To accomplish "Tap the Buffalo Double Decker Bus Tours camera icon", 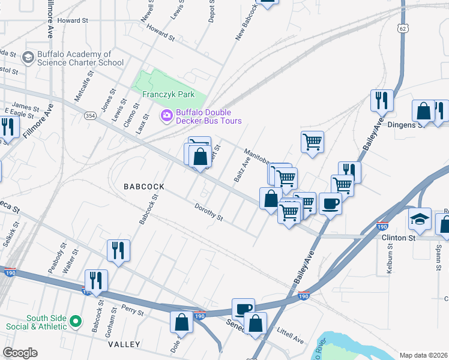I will coord(166,115).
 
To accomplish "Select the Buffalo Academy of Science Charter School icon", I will coord(28,58).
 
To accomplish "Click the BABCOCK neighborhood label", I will coord(144,187).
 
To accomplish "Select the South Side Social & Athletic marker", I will coord(75,322).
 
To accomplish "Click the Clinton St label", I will coord(399,238).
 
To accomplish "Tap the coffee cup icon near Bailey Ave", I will coord(330,204).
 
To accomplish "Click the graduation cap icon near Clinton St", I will coord(420,220).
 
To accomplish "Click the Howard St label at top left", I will coord(73,20).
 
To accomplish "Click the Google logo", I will coord(20,353).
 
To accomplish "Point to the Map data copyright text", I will coord(423,355).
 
